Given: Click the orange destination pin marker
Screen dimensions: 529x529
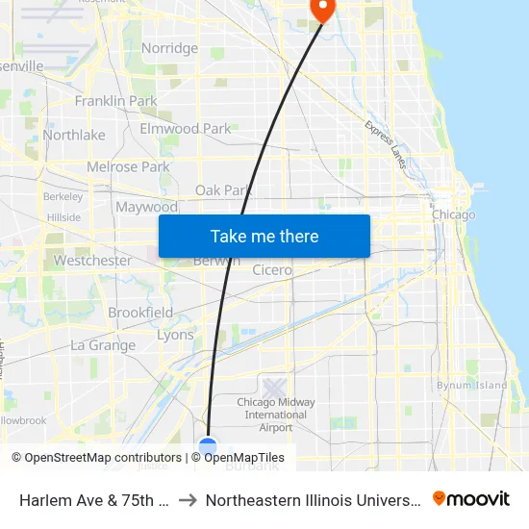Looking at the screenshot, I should click(x=321, y=9).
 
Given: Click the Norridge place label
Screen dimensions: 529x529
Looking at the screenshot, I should click(x=169, y=48).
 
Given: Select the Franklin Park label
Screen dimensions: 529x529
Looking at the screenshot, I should click(x=115, y=101).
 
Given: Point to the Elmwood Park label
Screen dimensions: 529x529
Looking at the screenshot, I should click(x=186, y=129).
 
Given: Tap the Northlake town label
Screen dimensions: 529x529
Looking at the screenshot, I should click(x=74, y=135).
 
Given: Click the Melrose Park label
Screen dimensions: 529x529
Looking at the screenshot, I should click(x=128, y=166).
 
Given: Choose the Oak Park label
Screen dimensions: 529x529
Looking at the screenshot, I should click(x=223, y=190).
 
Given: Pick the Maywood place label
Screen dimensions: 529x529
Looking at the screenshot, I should click(x=146, y=207).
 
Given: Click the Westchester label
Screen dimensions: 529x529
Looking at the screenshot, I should click(x=92, y=261).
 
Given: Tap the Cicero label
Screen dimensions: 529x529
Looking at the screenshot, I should click(x=272, y=270).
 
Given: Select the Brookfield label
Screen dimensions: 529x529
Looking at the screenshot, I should click(x=140, y=313).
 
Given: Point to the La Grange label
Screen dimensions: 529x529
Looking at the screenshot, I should click(x=103, y=345).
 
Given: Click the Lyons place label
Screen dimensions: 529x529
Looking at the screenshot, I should click(x=175, y=335).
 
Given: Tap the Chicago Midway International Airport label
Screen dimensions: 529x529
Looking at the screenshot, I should click(x=275, y=415).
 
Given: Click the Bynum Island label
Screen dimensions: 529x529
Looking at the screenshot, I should click(x=471, y=386).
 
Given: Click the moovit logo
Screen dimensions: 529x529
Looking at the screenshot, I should click(x=471, y=499).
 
